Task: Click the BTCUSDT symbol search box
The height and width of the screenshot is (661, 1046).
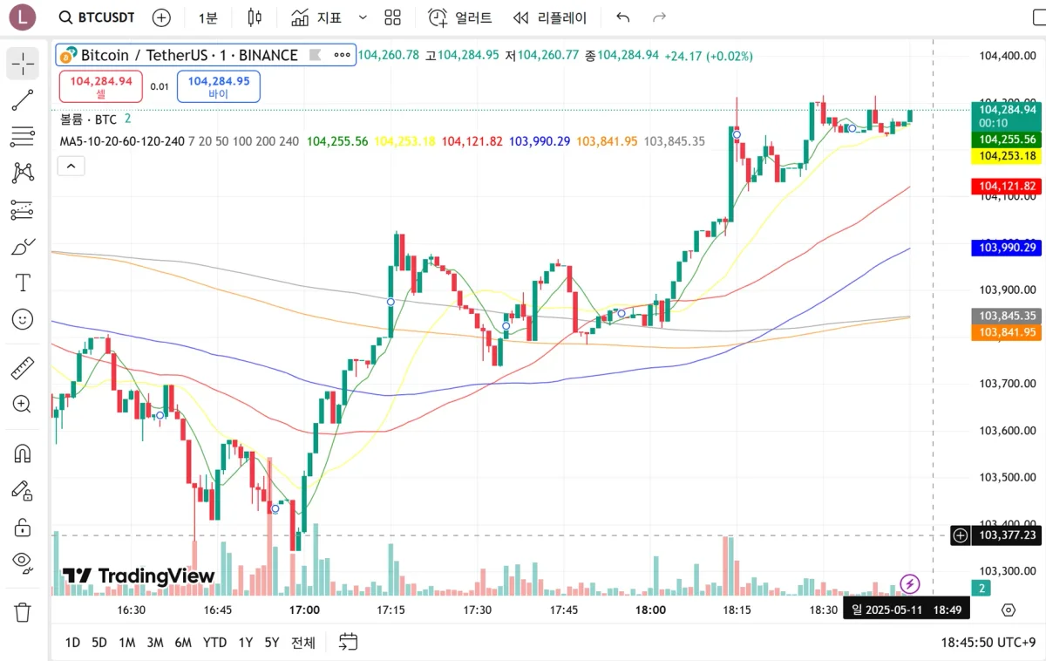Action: click(x=97, y=17)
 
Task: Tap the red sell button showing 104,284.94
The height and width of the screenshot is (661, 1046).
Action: click(x=101, y=86)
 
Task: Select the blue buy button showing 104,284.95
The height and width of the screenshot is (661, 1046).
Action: click(x=218, y=86)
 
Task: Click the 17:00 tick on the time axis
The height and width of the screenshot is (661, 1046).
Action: click(x=305, y=610)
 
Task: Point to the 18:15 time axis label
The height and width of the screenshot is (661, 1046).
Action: click(x=737, y=610)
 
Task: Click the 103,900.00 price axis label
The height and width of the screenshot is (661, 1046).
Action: click(x=1008, y=290)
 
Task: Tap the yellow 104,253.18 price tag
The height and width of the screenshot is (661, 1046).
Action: click(x=1007, y=156)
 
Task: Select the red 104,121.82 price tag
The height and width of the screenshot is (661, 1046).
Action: click(x=1007, y=187)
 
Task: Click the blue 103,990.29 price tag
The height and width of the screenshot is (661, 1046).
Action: click(x=1007, y=248)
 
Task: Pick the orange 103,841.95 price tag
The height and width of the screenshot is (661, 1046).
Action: click(x=1007, y=332)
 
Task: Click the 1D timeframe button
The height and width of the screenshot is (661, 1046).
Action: click(x=72, y=643)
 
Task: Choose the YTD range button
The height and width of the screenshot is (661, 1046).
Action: click(x=214, y=643)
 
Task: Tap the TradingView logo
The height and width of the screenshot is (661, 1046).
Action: click(x=139, y=576)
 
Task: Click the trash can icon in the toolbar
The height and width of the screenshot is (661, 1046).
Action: click(x=23, y=612)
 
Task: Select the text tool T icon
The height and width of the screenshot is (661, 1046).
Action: click(x=23, y=283)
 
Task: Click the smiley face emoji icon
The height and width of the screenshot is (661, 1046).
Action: click(x=23, y=319)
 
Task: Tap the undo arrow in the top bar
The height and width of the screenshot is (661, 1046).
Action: click(x=622, y=17)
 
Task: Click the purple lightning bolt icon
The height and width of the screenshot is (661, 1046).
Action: click(x=910, y=583)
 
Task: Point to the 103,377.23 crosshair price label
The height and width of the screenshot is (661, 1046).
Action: click(x=1008, y=535)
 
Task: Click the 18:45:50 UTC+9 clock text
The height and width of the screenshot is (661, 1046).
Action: click(x=988, y=643)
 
